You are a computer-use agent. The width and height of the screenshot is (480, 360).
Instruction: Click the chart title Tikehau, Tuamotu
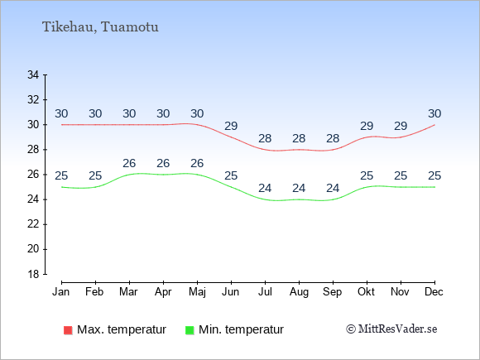(100, 27)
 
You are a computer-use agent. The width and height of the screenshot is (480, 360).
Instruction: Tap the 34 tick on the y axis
(33, 74)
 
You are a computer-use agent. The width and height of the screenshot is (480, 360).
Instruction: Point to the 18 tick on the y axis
(33, 274)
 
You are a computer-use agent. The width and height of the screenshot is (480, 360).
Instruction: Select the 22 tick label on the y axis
(33, 224)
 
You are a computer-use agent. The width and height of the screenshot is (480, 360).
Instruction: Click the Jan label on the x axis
(61, 292)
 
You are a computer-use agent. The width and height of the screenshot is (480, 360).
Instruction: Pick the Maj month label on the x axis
(197, 292)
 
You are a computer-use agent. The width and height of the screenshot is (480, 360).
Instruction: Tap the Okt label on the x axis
(367, 292)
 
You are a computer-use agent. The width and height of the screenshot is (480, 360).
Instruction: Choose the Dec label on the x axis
(434, 292)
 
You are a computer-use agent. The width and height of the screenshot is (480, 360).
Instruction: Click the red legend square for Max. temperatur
(68, 330)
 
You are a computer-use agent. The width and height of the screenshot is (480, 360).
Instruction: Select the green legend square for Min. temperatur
(190, 330)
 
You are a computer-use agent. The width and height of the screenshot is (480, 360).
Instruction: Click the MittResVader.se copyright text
(391, 329)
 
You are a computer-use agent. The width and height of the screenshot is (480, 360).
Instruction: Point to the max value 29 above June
(231, 126)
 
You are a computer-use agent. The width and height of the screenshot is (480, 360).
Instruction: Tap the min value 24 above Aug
(299, 188)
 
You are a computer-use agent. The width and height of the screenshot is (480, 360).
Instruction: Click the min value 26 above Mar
(129, 163)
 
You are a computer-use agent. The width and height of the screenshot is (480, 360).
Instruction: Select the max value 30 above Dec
(434, 113)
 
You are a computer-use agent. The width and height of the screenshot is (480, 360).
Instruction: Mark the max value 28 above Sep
(333, 138)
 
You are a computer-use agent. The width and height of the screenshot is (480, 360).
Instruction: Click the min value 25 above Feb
(95, 175)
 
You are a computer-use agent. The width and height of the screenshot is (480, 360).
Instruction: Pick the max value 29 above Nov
(401, 126)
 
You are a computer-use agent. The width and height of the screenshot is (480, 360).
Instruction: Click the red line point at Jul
(265, 150)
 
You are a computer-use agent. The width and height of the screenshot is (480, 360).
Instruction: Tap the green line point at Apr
(164, 175)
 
